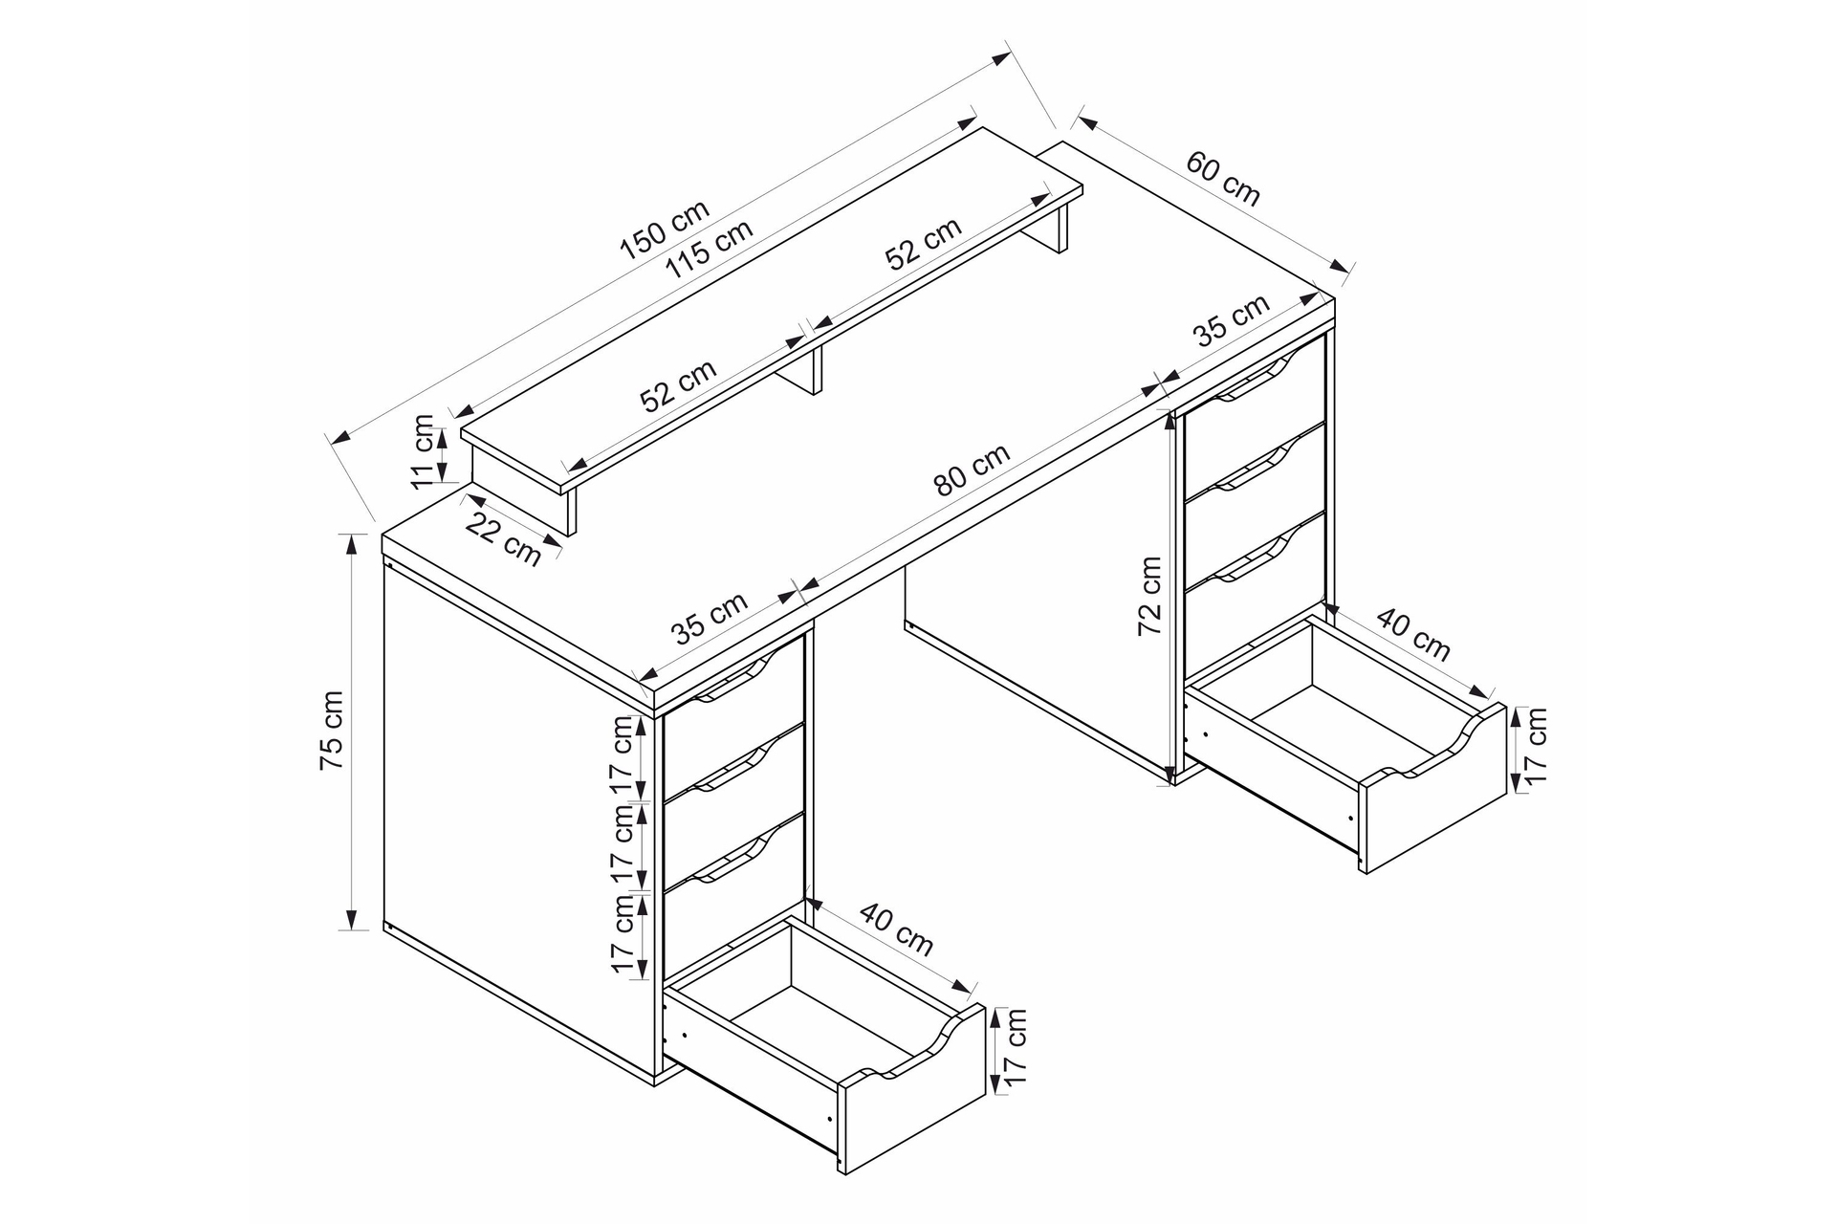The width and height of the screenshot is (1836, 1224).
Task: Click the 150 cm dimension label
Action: [665, 230]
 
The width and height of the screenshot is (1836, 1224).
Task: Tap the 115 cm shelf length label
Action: [710, 249]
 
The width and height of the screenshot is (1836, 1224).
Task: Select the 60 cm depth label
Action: [1223, 178]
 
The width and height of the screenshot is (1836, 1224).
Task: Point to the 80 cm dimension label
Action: [972, 470]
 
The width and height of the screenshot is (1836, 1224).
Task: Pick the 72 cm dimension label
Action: [1149, 596]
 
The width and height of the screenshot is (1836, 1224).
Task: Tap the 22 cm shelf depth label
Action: [504, 538]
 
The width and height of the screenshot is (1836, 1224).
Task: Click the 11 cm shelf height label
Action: [422, 451]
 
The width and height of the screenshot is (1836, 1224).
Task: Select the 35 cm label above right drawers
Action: [1232, 320]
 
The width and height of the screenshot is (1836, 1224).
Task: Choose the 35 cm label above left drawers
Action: [709, 618]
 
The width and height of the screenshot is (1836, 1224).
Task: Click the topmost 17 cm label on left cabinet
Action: [623, 754]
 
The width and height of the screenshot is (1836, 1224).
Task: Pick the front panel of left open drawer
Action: [911, 1090]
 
